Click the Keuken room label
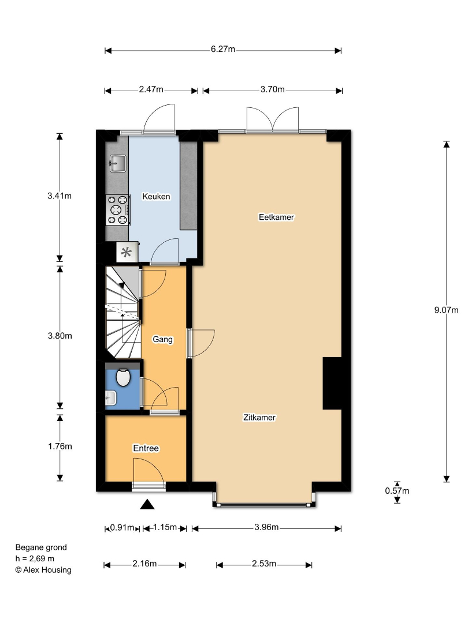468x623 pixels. coord(156,196)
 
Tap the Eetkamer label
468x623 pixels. coord(276,217)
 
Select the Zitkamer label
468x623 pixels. coord(259,417)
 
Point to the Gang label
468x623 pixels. coord(163,339)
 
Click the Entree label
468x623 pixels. coord(146,448)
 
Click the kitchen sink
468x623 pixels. coord(118,163)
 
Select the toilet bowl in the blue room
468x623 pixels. coord(124,377)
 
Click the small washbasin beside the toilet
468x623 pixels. coord(110,397)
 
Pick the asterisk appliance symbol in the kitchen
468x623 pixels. coord(127,252)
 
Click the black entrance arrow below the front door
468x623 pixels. coord(147,504)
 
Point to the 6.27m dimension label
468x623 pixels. coord(223,49)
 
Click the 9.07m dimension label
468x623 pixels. coord(446,310)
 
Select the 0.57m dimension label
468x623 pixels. coord(397,491)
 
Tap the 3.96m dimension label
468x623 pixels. coord(266,527)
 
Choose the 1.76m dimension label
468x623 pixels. coord(60,446)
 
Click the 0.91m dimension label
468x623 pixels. coord(122,527)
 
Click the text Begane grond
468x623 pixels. coord(41,547)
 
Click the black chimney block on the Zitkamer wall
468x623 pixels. coord(332,383)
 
